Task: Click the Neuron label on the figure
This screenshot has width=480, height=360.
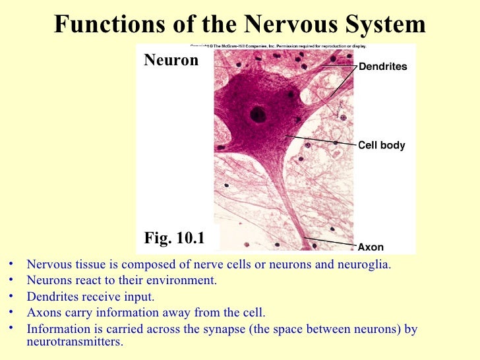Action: coord(171,61)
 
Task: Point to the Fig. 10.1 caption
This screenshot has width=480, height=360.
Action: coord(174,238)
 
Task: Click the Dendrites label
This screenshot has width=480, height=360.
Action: coord(382,67)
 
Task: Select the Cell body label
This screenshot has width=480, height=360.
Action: coord(381,145)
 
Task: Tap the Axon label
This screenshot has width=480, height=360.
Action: coord(371,248)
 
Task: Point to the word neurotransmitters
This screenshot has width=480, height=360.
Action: coord(75,342)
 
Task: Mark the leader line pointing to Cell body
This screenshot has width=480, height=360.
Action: coord(320,141)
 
